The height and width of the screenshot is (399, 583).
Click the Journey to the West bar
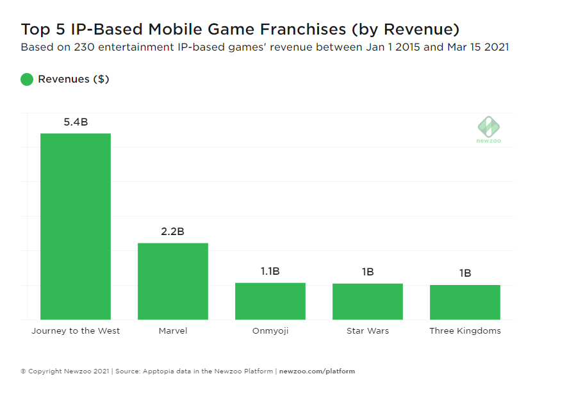point(76,226)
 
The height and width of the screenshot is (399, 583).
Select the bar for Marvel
point(173,281)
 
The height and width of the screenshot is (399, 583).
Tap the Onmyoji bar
point(270,301)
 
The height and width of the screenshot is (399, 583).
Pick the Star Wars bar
point(368,302)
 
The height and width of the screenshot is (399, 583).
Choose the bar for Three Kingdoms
point(465,302)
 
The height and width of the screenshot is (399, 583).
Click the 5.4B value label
point(76,122)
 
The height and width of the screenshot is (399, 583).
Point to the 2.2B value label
point(173,232)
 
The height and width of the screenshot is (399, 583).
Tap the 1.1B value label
point(270,272)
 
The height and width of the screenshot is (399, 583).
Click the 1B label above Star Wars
point(368,272)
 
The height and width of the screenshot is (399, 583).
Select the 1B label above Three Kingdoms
point(465,273)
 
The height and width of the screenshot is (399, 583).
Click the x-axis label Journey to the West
point(76,331)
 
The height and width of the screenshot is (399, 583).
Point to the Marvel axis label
point(173,331)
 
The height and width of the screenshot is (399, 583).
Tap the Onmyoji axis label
point(270,331)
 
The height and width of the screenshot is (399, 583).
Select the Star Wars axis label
point(368,331)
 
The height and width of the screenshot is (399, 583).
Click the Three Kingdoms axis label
point(465,331)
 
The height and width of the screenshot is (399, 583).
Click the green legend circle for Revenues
point(27,79)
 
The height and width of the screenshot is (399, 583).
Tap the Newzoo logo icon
point(488,126)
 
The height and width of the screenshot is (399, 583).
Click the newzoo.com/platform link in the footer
point(317,371)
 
